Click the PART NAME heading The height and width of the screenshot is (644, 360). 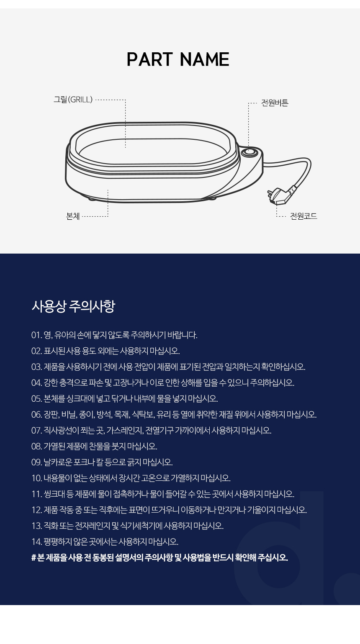tap(178, 59)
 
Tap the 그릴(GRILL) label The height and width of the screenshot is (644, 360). tap(73, 100)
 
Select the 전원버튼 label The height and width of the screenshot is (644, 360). tap(275, 103)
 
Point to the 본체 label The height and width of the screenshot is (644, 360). tap(73, 216)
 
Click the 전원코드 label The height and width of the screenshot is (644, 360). tap(303, 216)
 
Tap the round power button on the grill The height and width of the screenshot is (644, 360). tap(249, 152)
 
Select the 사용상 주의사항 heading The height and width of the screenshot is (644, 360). tap(73, 306)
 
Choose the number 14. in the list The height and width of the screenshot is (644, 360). tap(37, 542)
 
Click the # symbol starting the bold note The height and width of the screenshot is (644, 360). tap(33, 558)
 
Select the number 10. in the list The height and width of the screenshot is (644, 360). tap(37, 478)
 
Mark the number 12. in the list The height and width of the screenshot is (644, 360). tap(37, 510)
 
